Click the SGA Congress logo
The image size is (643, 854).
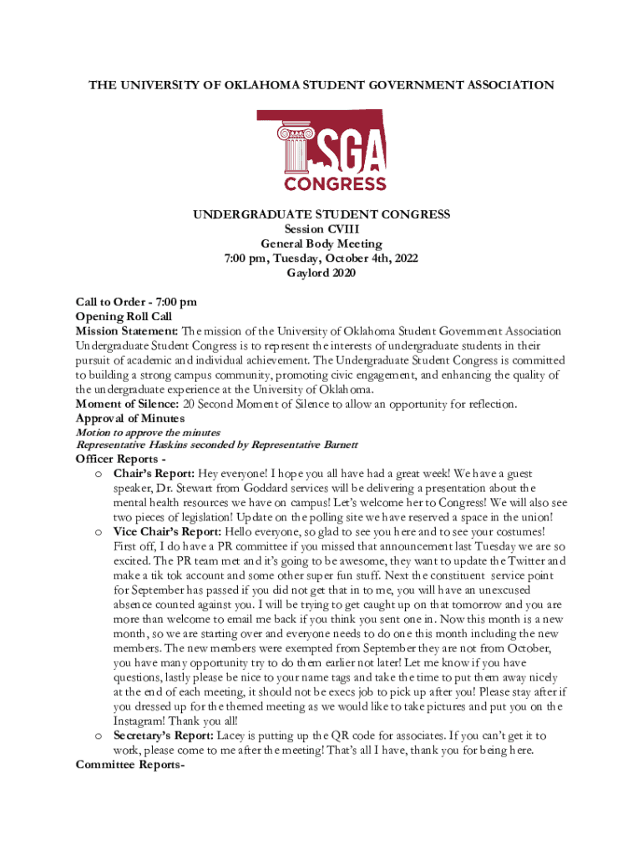321,150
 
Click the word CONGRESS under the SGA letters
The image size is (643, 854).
335,183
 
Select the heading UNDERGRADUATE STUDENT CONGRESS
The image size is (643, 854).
321,214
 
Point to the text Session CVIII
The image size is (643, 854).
321,229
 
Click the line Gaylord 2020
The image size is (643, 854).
321,273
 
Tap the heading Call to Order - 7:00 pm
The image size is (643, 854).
136,302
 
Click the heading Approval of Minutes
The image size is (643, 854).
129,419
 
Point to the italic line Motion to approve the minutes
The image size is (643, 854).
148,432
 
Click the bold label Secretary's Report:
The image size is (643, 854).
164,736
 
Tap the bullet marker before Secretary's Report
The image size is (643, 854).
99,736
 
